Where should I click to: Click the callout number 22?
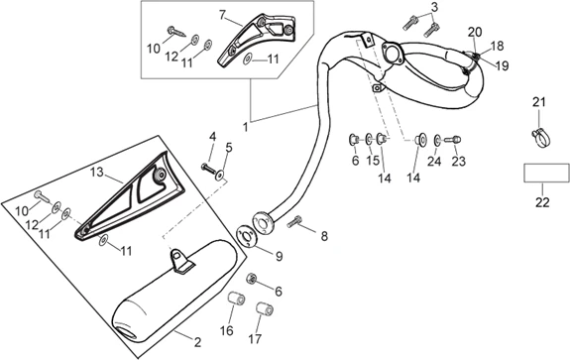tap(542, 202)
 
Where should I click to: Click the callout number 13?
tap(97, 172)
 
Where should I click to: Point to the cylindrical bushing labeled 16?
tap(236, 300)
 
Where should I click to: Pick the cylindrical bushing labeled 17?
tap(265, 309)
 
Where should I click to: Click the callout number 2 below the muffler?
tap(197, 342)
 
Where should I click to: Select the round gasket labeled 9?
tap(248, 237)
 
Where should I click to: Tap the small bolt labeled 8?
tap(294, 221)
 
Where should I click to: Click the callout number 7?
tap(223, 15)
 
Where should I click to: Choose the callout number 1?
tap(246, 127)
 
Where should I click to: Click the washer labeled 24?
tap(436, 140)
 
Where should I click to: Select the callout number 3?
tap(434, 7)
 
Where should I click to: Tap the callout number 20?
tap(475, 33)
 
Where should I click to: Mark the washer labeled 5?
tap(221, 175)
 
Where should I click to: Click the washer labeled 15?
tap(369, 138)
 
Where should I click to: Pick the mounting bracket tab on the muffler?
tap(180, 260)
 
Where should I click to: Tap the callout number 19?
tap(502, 65)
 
